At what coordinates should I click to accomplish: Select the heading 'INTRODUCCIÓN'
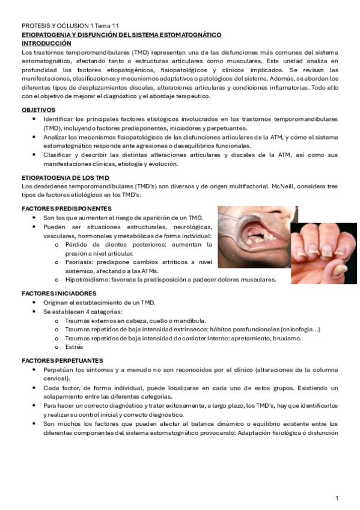click(46, 44)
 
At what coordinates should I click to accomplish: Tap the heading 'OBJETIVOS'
click(38, 110)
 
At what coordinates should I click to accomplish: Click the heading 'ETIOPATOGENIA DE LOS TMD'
click(65, 179)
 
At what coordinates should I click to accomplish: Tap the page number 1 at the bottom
click(337, 498)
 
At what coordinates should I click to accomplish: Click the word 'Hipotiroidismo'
click(85, 280)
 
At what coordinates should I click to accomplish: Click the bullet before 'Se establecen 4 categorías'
click(35, 312)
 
